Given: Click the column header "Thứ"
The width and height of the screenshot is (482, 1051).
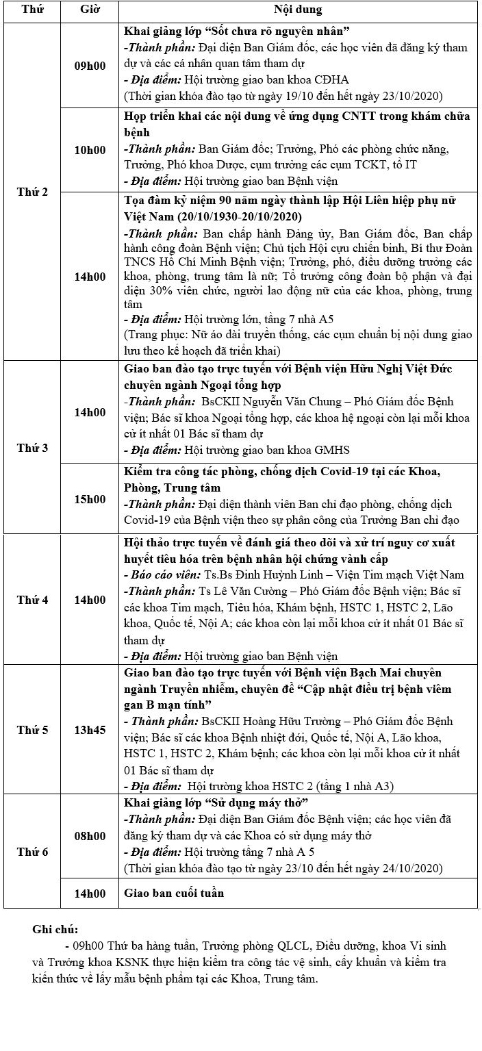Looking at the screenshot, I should click(31, 11).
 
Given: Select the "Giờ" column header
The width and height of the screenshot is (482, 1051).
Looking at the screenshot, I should click(89, 11).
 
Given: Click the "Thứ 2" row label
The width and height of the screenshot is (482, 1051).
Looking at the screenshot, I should click(32, 192).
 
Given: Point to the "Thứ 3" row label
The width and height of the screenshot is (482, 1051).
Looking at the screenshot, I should click(32, 448).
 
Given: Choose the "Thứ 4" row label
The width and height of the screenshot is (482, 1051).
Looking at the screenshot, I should click(32, 600).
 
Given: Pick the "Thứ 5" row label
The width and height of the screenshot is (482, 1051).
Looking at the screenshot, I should click(32, 730).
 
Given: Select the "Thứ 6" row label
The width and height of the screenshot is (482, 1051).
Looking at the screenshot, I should click(32, 852).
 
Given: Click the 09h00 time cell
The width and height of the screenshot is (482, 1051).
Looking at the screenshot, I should click(90, 66).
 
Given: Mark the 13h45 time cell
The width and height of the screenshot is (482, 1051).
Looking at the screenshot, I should click(90, 730).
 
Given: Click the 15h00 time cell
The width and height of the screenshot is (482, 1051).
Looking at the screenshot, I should click(90, 498).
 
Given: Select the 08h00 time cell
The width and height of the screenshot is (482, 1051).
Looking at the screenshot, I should click(90, 836).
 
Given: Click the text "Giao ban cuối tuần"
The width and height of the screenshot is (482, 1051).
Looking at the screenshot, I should click(174, 893).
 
